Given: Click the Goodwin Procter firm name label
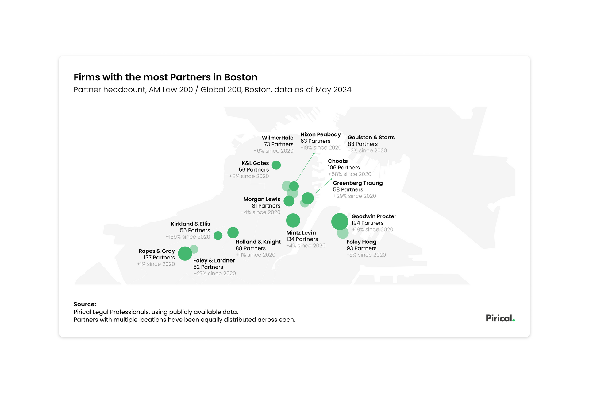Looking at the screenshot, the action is click(x=374, y=216).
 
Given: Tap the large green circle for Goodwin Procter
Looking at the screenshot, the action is click(x=340, y=221).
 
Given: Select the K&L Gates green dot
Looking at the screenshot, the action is click(x=276, y=165).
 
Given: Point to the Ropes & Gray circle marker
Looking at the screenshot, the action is click(x=185, y=253).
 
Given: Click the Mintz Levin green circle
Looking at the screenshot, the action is click(x=293, y=220).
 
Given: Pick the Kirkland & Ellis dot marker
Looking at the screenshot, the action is click(x=218, y=235).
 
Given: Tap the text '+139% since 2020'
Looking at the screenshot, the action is click(x=188, y=237).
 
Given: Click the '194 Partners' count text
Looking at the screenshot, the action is click(x=367, y=223).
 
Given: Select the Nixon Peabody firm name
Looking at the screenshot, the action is click(x=321, y=134).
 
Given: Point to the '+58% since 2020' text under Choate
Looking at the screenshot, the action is click(x=349, y=174).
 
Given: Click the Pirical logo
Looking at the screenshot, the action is click(x=500, y=318).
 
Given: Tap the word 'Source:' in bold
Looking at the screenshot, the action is click(x=85, y=304).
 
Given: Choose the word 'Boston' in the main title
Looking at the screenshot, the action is click(x=241, y=77).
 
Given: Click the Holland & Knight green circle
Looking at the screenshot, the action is click(x=233, y=232).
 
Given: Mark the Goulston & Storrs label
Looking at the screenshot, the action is click(x=371, y=138).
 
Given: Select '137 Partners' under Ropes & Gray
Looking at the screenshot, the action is click(x=159, y=258).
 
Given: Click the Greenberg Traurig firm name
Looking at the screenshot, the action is click(x=358, y=183).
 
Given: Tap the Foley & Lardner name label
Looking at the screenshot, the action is click(x=214, y=260).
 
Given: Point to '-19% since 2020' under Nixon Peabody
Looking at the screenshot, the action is click(x=321, y=147).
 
